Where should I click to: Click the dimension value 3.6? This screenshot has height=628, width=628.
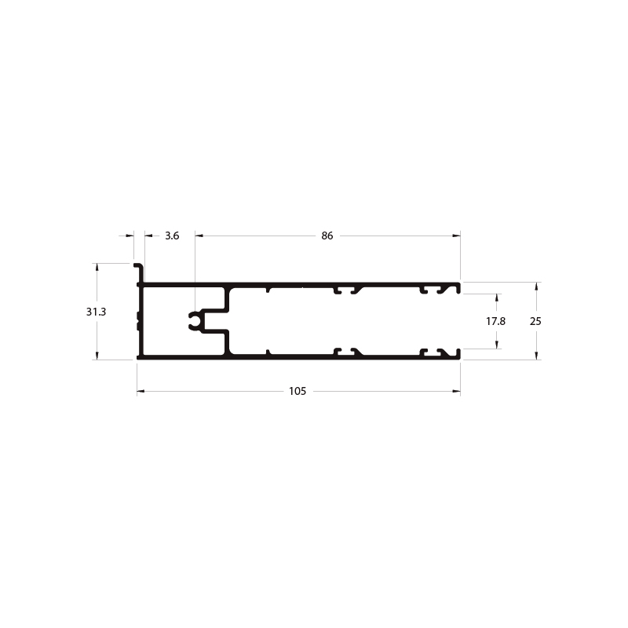pos(172,235)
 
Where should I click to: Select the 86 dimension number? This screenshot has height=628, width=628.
pos(327,235)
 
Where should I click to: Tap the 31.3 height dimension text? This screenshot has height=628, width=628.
pos(96,311)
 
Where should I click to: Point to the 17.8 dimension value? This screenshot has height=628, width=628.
pos(496,321)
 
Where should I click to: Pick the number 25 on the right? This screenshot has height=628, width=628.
pos(535,321)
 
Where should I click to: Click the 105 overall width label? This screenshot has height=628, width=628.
pos(298,391)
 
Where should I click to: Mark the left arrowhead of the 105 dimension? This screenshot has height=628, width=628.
pos(141,391)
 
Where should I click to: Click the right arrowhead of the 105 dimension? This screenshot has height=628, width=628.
pos(456,391)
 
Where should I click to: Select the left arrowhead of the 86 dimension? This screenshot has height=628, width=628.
pos(199,235)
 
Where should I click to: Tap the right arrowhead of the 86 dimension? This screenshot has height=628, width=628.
pos(456,235)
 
